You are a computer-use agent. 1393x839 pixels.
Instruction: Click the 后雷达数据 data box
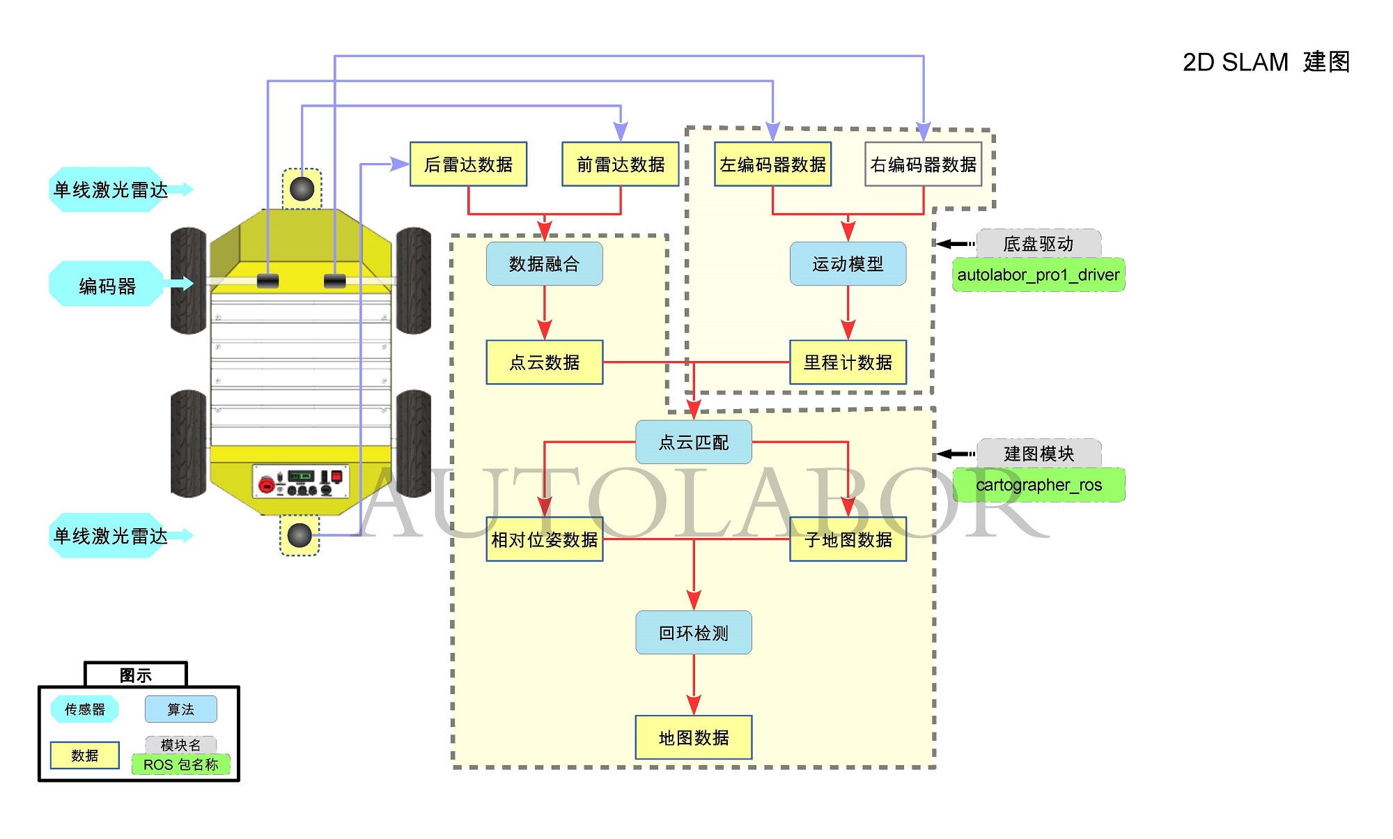468,164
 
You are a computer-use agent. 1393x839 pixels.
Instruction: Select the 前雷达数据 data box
620,164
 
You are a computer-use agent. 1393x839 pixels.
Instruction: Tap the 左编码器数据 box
772,164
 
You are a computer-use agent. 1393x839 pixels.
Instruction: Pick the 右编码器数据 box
923,164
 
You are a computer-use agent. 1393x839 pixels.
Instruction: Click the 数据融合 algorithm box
544,264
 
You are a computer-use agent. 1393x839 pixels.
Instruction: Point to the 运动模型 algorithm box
848,264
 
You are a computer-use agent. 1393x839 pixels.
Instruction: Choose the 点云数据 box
544,362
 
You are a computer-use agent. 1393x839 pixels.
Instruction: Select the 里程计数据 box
848,362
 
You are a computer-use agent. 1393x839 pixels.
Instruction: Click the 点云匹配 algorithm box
694,442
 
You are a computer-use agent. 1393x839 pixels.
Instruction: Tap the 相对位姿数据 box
544,539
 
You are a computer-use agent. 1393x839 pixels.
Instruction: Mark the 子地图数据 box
848,539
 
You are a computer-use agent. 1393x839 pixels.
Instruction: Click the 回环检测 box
694,633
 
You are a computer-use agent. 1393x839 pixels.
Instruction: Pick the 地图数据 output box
694,737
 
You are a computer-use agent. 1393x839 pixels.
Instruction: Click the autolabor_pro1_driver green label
1038,275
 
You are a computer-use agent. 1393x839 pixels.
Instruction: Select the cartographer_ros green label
1038,485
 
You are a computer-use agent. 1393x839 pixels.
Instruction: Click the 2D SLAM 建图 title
1266,62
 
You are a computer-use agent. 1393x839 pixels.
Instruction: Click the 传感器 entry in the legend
84,709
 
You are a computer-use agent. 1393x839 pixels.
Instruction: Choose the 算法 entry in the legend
180,709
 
